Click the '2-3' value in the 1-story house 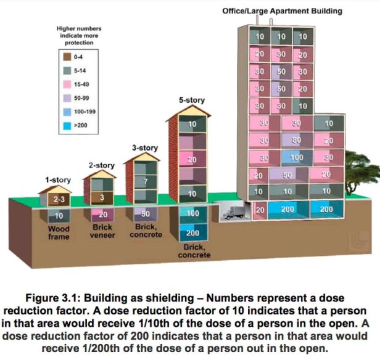(59, 200)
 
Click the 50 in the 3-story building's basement (147, 214)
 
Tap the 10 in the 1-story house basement (59, 216)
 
